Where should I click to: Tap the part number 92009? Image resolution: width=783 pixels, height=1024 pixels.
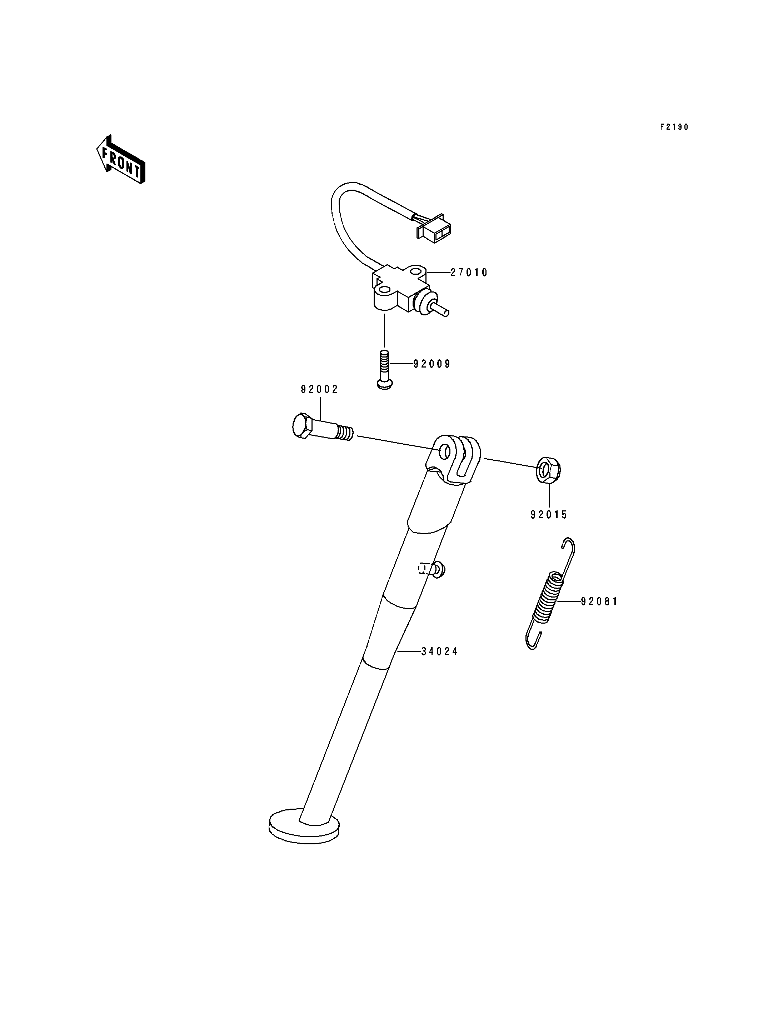tap(432, 364)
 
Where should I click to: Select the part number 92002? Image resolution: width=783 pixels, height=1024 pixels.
tap(319, 389)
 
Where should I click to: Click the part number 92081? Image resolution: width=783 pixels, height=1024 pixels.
tap(599, 602)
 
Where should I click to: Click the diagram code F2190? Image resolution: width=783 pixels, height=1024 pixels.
tap(674, 127)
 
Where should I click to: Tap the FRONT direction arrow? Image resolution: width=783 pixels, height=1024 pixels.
tap(121, 159)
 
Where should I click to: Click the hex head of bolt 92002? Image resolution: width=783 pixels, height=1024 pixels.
tap(303, 425)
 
